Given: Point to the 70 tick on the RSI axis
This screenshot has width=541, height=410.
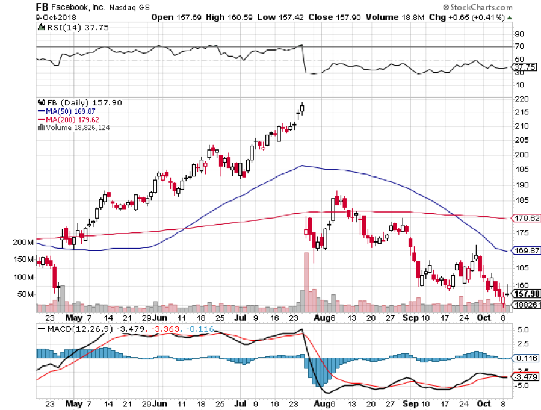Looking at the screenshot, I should click(518, 46).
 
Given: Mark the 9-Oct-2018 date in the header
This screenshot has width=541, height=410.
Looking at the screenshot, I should click(19, 17).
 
